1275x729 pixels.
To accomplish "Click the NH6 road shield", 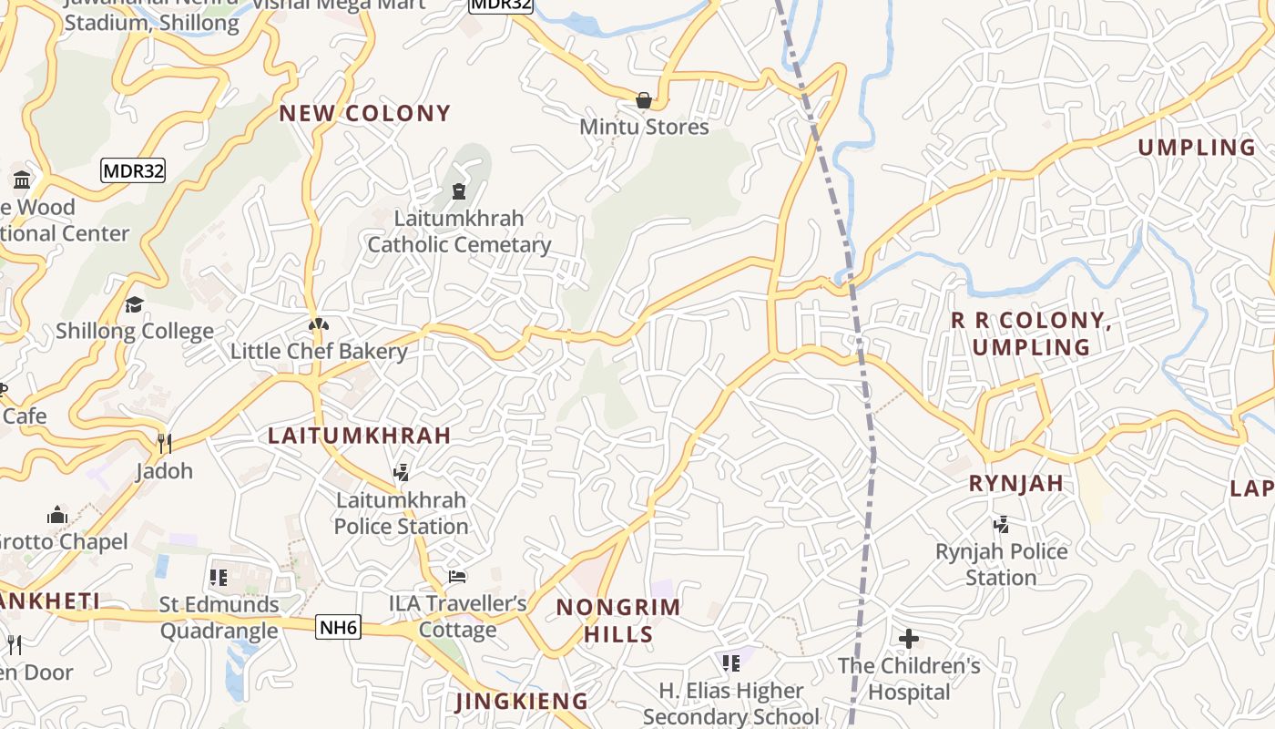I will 339,627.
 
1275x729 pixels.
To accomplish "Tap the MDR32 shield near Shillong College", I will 133,170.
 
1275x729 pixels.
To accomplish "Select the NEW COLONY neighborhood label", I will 364,113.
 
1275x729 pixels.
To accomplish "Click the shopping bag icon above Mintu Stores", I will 644,100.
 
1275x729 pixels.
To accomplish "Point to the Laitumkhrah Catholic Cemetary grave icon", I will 459,191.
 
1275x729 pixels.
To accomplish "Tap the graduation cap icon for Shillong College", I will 135,304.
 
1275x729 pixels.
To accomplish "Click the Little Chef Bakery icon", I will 318,324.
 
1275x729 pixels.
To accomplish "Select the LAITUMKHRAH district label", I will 360,436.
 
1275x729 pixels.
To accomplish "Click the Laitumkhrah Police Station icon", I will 401,472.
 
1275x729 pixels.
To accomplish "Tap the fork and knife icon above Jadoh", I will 165,444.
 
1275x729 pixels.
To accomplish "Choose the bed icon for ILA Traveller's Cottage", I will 457,577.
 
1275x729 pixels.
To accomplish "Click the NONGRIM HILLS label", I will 618,621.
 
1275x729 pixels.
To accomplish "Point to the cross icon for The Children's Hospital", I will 908,639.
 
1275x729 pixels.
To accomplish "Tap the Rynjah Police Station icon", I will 1002,524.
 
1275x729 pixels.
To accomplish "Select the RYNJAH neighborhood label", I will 1016,484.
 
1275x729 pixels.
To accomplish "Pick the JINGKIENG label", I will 522,701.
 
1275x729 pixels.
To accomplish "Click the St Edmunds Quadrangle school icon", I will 219,577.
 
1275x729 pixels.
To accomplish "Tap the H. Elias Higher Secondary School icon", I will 730,662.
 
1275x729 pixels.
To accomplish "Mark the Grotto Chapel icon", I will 57,515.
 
